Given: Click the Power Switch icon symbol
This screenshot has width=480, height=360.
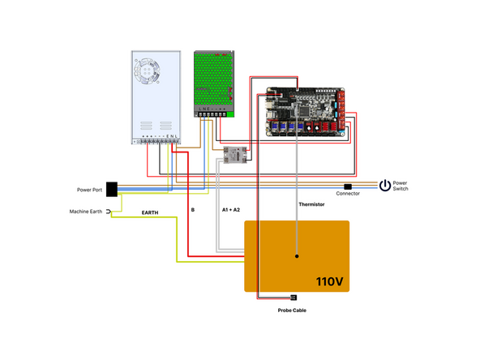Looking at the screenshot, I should (385, 186).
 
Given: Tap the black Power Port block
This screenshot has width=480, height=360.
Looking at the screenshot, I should (113, 189).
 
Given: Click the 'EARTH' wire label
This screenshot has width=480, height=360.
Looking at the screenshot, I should (150, 212).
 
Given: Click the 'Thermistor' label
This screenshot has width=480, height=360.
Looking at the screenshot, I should (311, 204).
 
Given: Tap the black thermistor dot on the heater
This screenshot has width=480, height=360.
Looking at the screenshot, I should (297, 256).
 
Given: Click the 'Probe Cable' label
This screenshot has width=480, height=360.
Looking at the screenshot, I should (293, 311).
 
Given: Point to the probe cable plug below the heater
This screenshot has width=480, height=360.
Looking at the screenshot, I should (293, 298).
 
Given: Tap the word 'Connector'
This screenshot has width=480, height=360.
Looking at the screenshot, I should (348, 194).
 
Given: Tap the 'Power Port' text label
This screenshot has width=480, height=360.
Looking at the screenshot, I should (89, 190).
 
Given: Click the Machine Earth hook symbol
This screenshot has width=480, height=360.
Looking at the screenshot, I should (108, 212).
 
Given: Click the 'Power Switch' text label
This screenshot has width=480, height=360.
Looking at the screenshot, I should (401, 186).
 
